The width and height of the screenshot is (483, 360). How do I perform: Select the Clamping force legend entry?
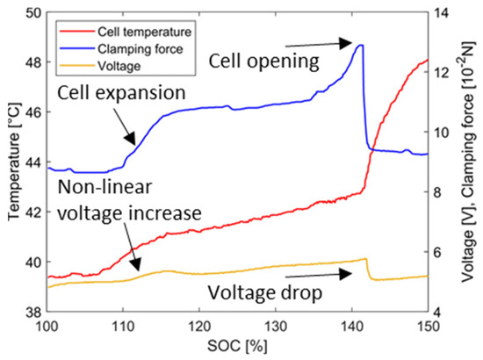click(x=141, y=49)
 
